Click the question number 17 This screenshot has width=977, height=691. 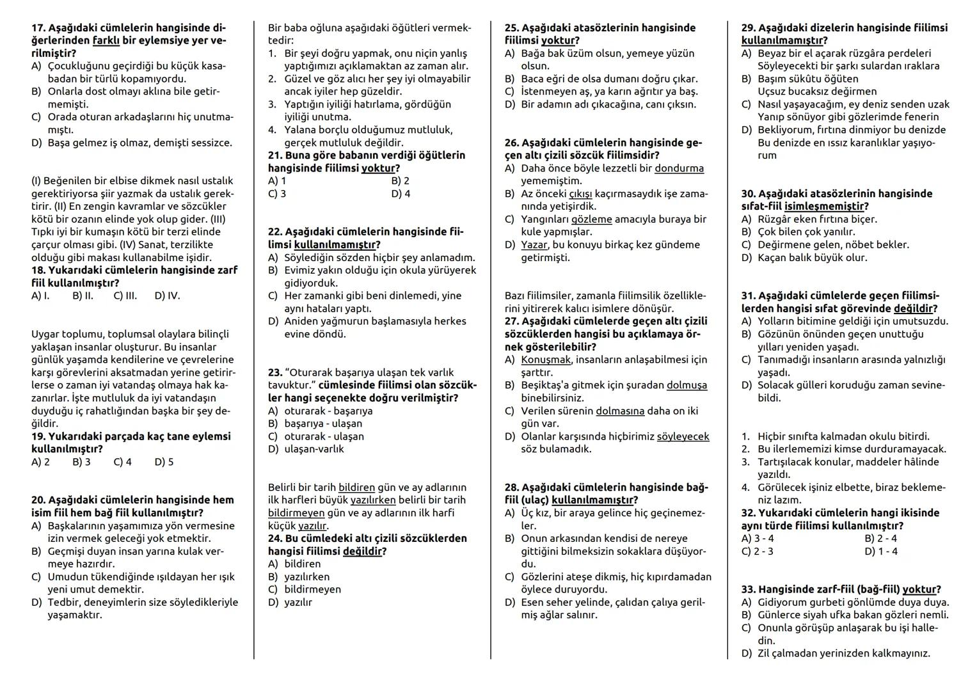[x=38, y=28]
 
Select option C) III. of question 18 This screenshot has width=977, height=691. [x=125, y=296]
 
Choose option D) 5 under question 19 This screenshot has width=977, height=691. [x=164, y=462]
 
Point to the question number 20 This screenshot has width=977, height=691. [x=38, y=500]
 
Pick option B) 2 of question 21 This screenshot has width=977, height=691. [x=400, y=181]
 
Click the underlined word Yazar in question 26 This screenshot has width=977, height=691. [x=534, y=245]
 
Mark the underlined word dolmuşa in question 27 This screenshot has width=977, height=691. [x=687, y=385]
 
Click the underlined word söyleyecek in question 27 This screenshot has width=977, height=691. [x=683, y=436]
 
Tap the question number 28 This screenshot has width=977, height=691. [x=512, y=488]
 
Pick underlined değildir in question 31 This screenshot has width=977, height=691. [x=914, y=308]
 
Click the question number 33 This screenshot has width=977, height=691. [x=749, y=590]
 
